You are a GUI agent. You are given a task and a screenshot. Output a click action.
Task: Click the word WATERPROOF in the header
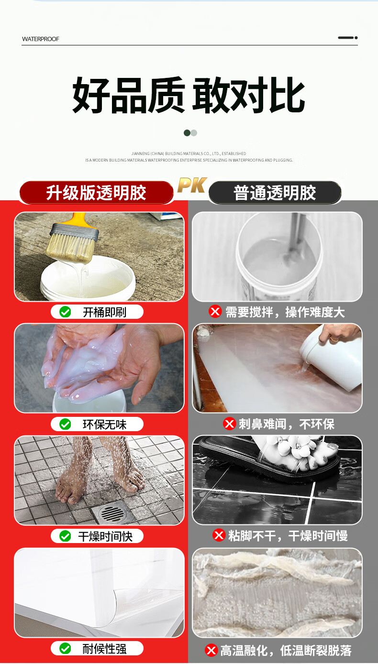[x=41, y=39]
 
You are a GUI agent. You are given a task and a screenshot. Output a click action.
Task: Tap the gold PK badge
[x=192, y=185]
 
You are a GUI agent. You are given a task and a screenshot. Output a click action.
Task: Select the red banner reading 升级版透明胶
[x=96, y=193]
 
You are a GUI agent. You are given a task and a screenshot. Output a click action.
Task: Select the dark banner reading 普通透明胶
[x=275, y=193]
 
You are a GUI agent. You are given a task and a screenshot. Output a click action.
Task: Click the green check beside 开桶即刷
[x=65, y=312]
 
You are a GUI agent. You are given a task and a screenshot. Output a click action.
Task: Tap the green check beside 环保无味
[x=65, y=424]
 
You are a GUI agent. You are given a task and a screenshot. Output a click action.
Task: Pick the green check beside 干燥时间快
[x=65, y=536]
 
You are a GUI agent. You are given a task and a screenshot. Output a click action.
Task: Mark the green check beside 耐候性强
[x=65, y=648]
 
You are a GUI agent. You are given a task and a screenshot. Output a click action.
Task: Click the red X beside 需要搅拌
[x=215, y=312]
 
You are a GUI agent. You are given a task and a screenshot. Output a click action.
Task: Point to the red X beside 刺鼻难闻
[x=229, y=424]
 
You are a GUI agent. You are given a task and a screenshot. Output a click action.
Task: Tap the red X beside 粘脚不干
[x=219, y=535]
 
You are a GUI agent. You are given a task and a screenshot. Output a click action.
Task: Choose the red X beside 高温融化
[x=211, y=650]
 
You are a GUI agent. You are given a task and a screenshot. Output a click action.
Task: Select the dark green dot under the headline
[x=187, y=133]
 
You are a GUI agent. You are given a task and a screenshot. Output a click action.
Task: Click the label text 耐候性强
[x=104, y=649]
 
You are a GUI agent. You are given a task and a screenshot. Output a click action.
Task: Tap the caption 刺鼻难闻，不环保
[x=287, y=424]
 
